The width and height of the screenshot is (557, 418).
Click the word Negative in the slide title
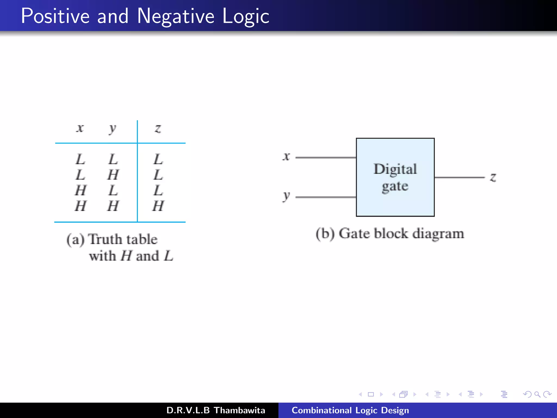(176, 16)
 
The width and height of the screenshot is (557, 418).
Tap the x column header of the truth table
(80, 128)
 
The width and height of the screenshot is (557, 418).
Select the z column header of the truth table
(158, 128)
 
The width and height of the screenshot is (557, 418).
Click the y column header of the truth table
(112, 128)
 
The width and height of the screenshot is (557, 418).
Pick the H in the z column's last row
(158, 206)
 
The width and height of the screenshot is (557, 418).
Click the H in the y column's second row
(113, 174)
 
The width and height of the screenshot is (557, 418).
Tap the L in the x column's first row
(80, 159)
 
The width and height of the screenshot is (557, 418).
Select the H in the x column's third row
(81, 190)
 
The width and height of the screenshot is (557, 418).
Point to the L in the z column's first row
(158, 159)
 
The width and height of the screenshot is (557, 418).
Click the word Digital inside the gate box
(395, 169)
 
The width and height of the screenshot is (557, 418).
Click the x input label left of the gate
(286, 156)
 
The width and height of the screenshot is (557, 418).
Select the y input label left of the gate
(286, 196)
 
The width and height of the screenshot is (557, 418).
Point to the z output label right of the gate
(493, 177)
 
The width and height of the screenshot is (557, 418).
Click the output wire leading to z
(460, 177)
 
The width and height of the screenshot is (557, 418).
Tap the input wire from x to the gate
(326, 157)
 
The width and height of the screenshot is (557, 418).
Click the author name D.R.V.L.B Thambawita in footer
(216, 410)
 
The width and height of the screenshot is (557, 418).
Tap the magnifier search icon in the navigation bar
(537, 394)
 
